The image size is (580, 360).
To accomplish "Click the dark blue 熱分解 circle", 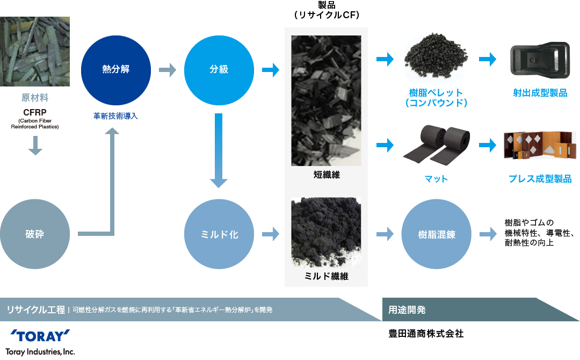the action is click(x=116, y=70).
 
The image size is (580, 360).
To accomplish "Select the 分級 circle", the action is click(x=219, y=70).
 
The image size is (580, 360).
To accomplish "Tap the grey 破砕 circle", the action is click(x=35, y=234).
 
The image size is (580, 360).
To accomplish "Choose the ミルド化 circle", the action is click(x=219, y=234).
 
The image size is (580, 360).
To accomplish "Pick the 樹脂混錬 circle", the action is click(x=437, y=234).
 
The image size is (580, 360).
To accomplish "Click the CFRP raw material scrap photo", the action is click(x=35, y=52).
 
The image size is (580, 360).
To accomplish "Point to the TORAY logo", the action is click(x=40, y=336).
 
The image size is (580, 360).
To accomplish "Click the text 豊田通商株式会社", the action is click(x=426, y=334).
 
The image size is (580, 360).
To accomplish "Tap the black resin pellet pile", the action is click(x=436, y=56).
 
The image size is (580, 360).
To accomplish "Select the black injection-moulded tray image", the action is click(x=540, y=60).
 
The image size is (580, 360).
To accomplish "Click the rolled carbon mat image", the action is click(x=437, y=146).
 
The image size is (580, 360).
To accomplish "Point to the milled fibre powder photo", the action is click(x=326, y=232).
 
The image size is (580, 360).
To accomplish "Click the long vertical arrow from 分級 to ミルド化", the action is click(x=219, y=150).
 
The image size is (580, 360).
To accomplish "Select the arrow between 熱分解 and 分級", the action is click(x=168, y=70).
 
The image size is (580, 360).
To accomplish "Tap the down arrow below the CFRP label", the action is click(x=35, y=146).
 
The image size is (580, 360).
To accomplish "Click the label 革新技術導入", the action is click(x=115, y=116).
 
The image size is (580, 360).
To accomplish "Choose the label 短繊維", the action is click(x=327, y=175).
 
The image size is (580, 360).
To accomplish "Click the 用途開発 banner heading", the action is click(x=407, y=309).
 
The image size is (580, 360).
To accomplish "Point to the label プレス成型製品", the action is click(x=540, y=179).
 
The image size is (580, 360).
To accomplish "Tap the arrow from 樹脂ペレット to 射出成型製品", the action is click(x=488, y=59).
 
